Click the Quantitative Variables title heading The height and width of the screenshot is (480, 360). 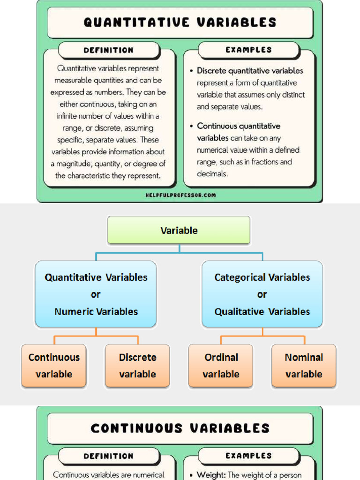point(180,22)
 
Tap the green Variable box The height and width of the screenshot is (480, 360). point(179,230)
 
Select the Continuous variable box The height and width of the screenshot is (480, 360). point(54,366)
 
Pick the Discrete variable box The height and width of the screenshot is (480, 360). point(137,366)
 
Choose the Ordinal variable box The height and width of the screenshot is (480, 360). point(221,366)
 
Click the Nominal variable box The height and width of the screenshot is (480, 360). point(304,366)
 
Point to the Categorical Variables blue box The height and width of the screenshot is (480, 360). point(262,294)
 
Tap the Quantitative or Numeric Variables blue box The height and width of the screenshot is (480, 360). point(96,294)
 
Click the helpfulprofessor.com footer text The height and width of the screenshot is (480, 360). point(180,195)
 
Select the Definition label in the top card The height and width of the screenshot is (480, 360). point(108,50)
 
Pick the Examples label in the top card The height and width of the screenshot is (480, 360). point(248,50)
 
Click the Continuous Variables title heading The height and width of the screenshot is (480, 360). point(180,428)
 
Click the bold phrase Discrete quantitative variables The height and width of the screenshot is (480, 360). point(250,71)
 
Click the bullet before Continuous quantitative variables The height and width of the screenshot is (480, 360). point(192,127)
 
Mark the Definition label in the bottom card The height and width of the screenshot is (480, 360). point(108,456)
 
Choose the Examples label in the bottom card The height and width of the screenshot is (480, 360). point(248,455)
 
